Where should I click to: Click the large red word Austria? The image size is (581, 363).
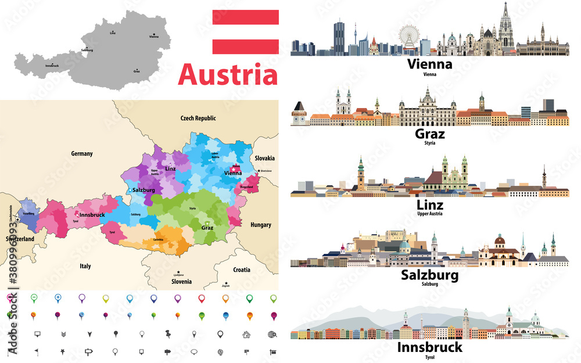(228, 76)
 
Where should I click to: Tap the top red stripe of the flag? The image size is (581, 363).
(245, 17)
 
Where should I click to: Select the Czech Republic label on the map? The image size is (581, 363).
(198, 118)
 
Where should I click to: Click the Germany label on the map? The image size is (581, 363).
(82, 154)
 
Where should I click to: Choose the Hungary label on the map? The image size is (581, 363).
(261, 224)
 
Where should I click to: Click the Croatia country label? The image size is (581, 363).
(242, 269)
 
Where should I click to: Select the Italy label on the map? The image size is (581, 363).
(85, 266)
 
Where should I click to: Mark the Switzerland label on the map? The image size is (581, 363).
(20, 239)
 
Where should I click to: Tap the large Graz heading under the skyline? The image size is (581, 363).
(430, 134)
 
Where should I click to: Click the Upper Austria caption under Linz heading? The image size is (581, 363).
(430, 214)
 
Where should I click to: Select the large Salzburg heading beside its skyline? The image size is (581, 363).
(430, 275)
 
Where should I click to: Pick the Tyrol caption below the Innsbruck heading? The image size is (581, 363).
(430, 357)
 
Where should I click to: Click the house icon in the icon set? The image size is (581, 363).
(246, 335)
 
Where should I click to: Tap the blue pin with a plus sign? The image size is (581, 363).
(58, 299)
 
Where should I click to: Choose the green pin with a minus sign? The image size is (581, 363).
(34, 299)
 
